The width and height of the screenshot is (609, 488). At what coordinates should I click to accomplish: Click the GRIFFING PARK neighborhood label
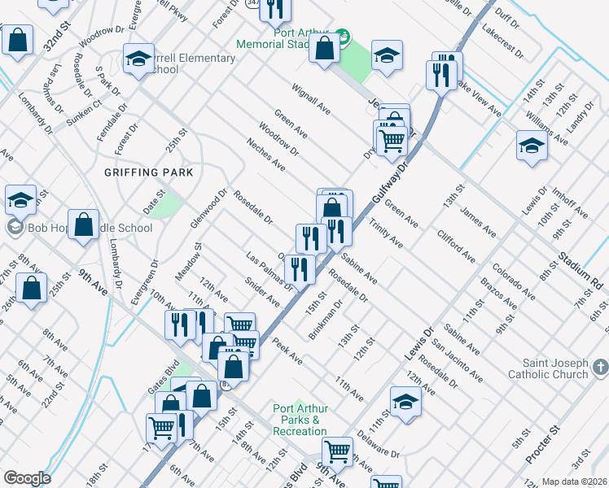(148, 172)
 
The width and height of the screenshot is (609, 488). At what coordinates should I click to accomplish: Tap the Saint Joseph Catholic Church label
(547, 368)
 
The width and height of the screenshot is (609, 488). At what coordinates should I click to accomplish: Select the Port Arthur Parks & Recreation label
(300, 420)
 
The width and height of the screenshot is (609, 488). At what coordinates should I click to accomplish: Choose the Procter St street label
(544, 444)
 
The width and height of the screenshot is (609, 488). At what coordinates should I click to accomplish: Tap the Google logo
(27, 478)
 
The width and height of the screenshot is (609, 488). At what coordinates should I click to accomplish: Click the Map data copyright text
(574, 481)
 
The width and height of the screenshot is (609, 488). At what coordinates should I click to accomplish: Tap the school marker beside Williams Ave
(531, 146)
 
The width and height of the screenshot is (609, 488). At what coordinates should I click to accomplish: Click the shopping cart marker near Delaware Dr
(337, 451)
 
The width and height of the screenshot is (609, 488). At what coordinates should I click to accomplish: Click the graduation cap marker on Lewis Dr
(405, 403)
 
